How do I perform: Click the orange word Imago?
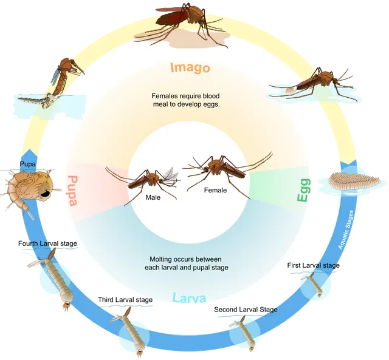click(190, 67)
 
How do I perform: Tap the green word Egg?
click(304, 190)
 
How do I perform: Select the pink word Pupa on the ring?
click(73, 191)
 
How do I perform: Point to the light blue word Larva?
click(189, 298)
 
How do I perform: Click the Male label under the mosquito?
click(153, 197)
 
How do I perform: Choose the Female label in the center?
click(215, 190)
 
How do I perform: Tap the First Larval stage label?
click(314, 265)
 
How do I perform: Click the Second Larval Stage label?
click(246, 310)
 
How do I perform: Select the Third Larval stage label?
click(125, 300)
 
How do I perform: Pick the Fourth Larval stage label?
click(47, 243)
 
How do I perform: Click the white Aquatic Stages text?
click(346, 229)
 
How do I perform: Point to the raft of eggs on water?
click(354, 181)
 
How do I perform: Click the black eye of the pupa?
click(46, 194)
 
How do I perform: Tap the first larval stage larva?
click(314, 284)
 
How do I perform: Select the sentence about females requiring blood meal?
click(185, 100)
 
